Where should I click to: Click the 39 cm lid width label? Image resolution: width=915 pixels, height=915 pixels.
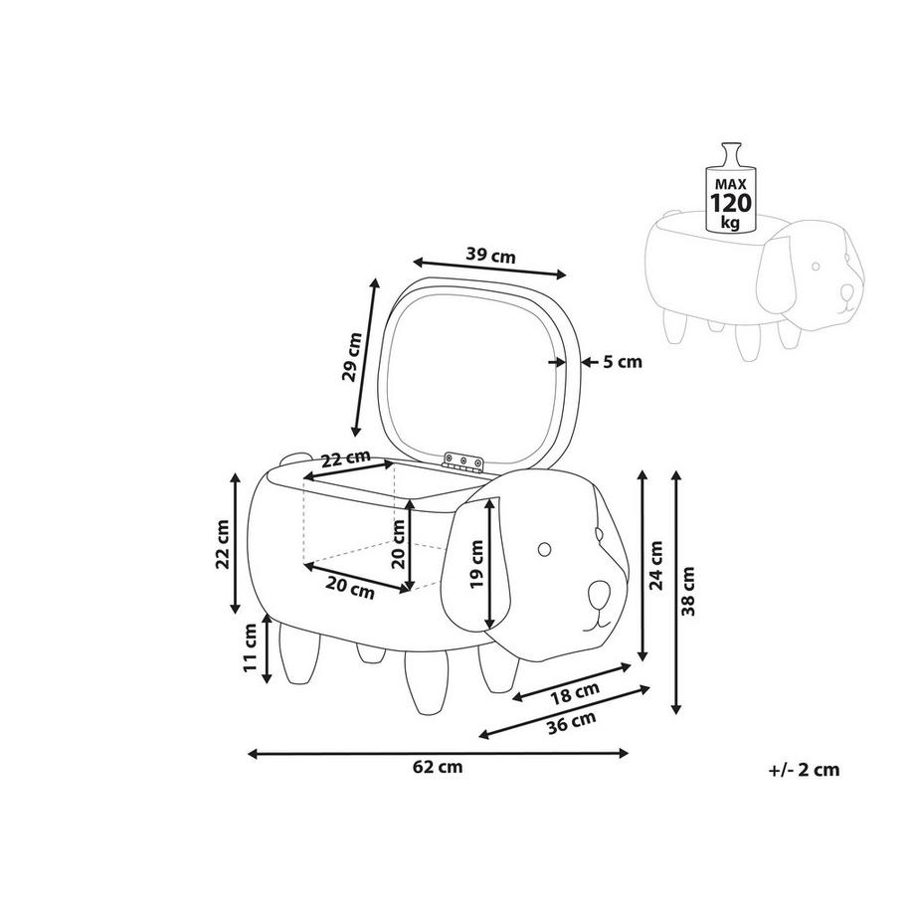[490, 255]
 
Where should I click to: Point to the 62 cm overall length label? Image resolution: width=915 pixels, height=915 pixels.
[439, 767]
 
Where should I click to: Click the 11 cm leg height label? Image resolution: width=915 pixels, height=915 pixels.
[251, 650]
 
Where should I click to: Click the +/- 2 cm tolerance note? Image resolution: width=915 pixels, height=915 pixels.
[804, 769]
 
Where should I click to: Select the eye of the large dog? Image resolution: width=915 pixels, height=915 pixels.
[546, 548]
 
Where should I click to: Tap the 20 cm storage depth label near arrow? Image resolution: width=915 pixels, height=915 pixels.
[349, 588]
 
